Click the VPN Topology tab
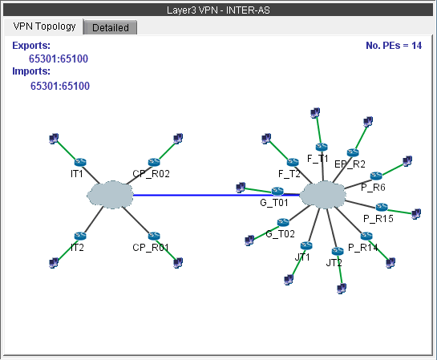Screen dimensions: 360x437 pos(45,26)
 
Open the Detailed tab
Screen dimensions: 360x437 pos(111,27)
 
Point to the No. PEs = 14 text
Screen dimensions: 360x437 pos(394,46)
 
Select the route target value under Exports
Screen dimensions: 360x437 pos(59,59)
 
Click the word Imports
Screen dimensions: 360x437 pos(31,71)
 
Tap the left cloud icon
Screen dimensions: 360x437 pos(111,195)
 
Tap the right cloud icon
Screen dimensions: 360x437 pos(323,195)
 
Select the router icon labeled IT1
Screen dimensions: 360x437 pos(79,162)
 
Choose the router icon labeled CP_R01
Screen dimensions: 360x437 pos(154,237)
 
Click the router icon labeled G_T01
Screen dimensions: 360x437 pos(277,191)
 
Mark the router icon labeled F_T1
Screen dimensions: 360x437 pos(322,147)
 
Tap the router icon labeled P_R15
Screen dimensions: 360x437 pos(382,207)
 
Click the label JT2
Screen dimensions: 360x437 pos(334,262)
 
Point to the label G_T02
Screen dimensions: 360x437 pos(281,234)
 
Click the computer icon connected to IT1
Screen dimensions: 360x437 pos(54,140)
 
